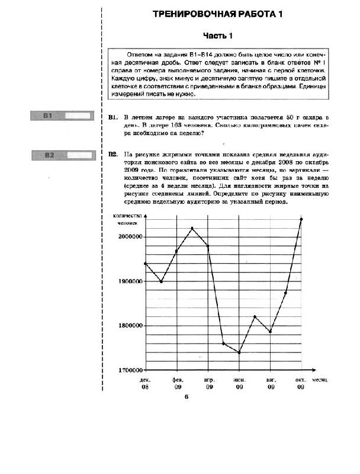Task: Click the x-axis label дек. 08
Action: coord(146,382)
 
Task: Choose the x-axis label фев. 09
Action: coord(177,382)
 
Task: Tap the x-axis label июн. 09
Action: coord(239,382)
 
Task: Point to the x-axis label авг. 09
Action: coord(271,382)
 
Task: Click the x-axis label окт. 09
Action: coord(301,382)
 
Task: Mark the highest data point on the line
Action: coord(301,219)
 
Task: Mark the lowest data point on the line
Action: coord(239,353)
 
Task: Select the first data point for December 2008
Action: coord(146,264)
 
